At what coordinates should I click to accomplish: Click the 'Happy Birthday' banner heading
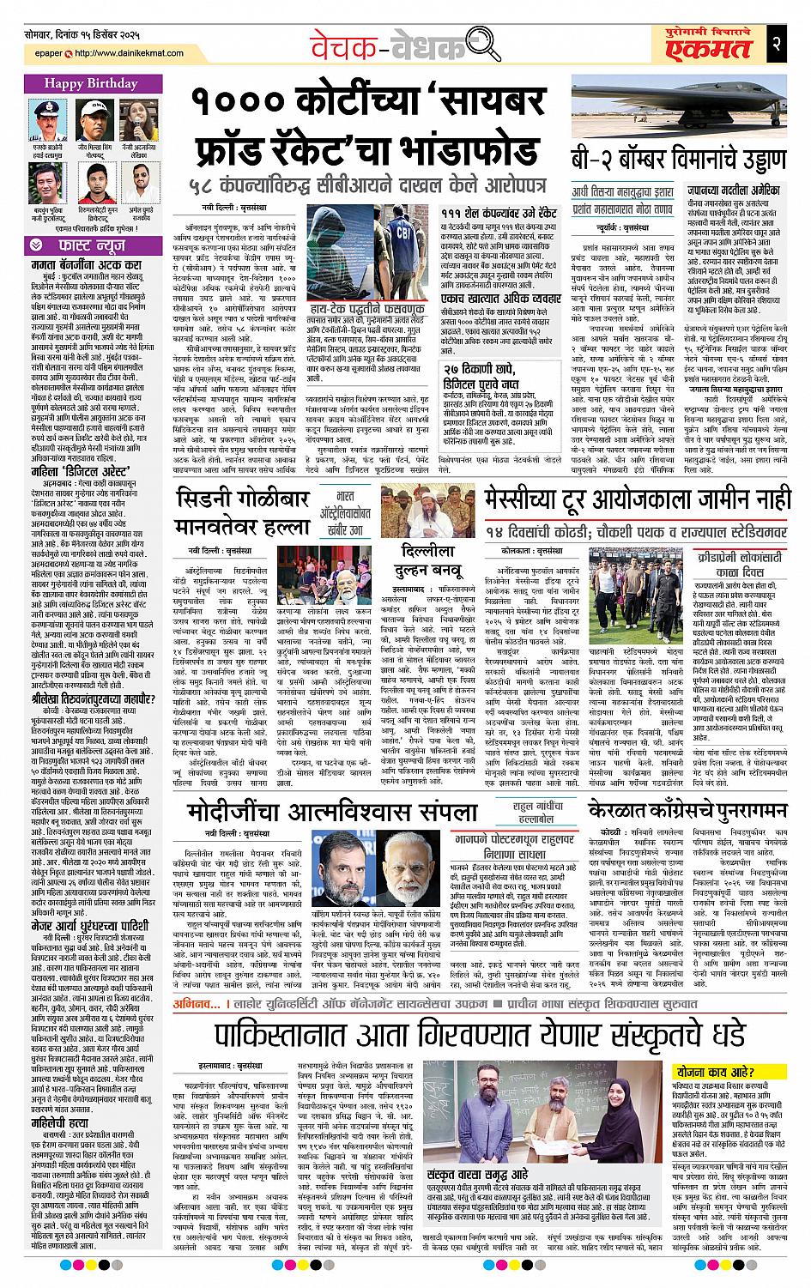point(91,84)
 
